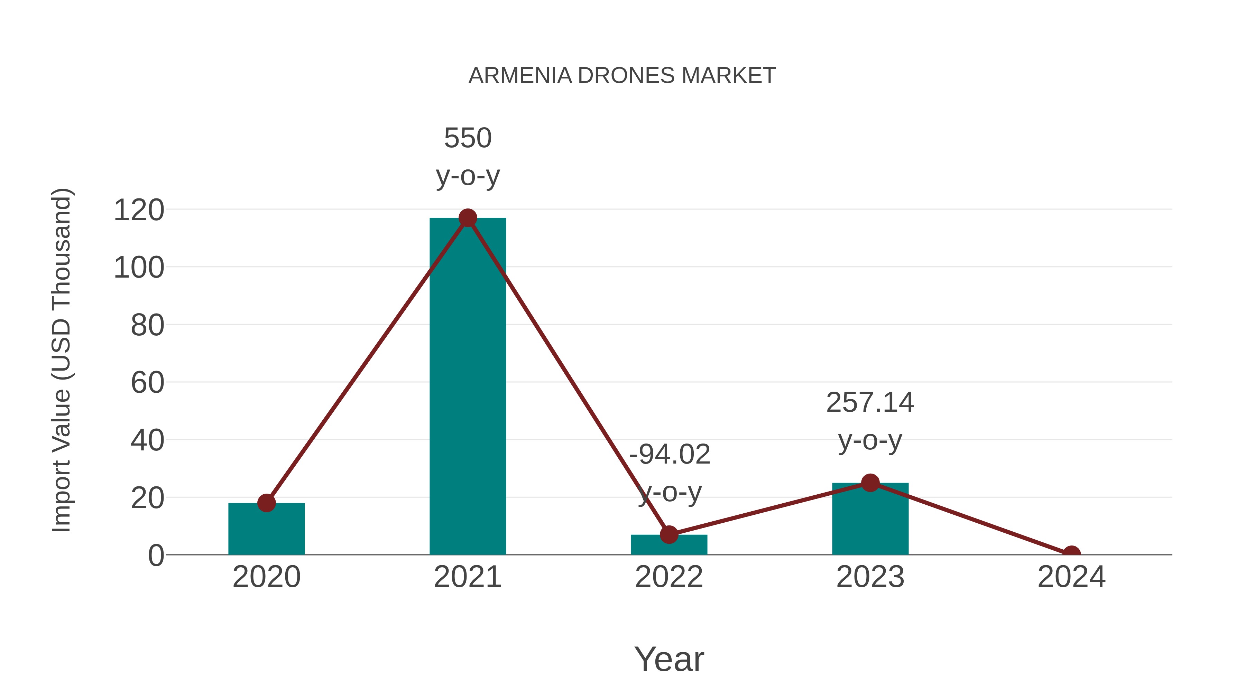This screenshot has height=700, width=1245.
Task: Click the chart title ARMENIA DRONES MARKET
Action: coord(622,76)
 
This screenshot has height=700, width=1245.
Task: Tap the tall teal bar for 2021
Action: coord(467,386)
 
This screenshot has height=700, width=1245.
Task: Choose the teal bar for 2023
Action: coord(870,519)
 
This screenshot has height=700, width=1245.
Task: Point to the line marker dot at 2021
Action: coord(467,218)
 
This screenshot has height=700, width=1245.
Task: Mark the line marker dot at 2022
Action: coord(669,534)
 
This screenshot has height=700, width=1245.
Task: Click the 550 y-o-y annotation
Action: coord(467,157)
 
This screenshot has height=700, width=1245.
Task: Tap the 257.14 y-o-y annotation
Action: coord(870,421)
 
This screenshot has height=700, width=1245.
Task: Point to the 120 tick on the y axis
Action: coord(139,210)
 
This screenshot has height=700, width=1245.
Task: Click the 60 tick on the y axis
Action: coord(147,383)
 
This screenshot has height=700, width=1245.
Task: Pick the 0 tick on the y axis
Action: coord(156,555)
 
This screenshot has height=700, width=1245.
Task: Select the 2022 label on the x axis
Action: coord(669,577)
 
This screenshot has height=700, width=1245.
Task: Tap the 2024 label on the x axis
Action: coord(1071,577)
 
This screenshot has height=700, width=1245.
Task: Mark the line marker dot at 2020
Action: coord(266,503)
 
